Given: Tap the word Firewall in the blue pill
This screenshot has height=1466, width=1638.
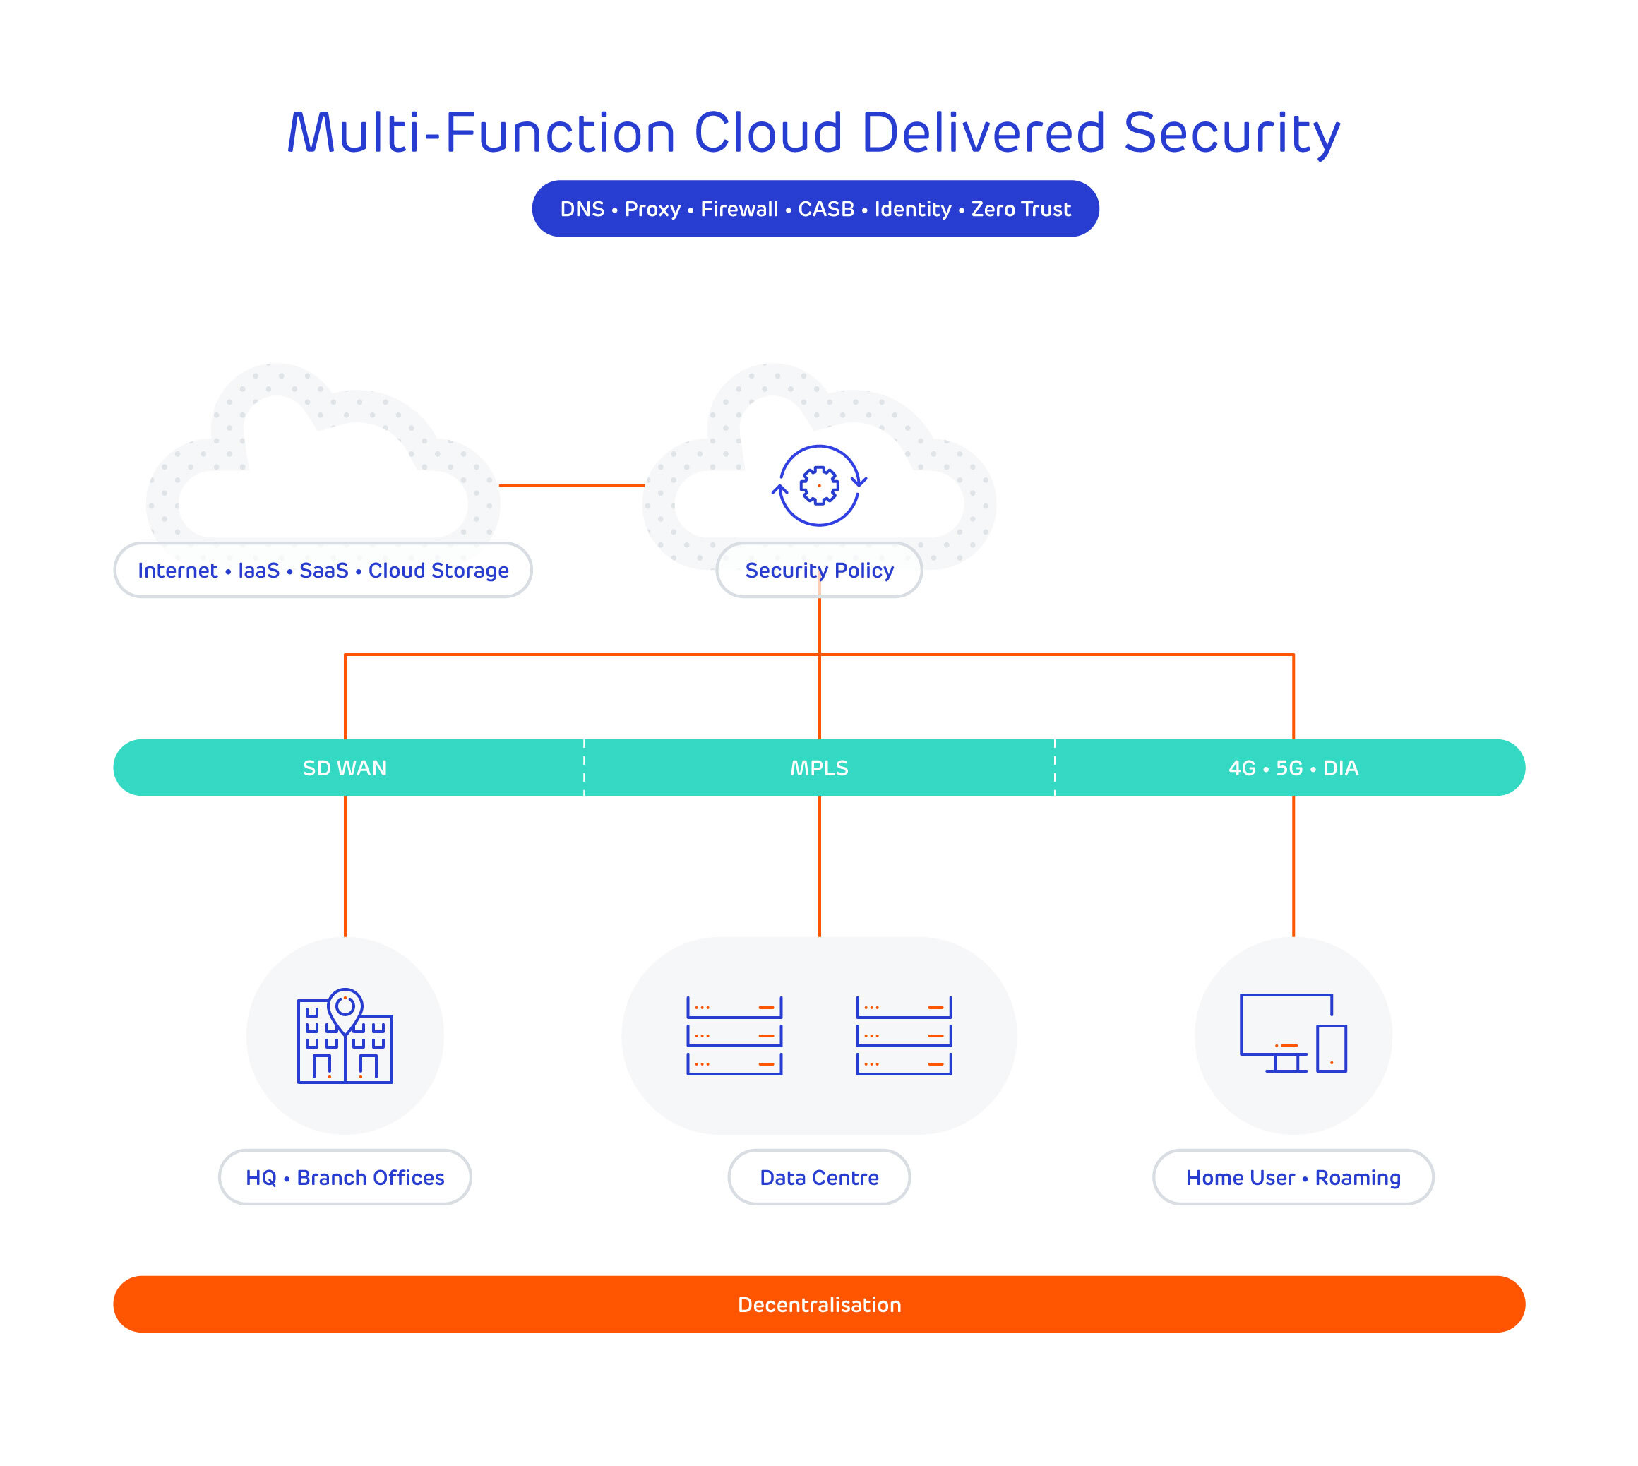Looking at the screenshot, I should (739, 210).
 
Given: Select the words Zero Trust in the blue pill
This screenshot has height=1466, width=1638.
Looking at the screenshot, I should (1020, 210).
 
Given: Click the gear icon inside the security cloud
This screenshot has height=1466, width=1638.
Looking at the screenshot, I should (819, 486).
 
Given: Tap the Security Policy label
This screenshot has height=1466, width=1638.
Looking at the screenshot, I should (819, 571).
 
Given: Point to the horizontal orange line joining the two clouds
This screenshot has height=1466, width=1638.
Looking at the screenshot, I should (571, 486).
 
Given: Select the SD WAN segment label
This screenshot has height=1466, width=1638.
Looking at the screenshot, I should (345, 768).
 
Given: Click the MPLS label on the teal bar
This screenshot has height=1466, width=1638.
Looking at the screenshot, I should (819, 768).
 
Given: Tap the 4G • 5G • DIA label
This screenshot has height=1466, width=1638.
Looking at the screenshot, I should (1293, 768).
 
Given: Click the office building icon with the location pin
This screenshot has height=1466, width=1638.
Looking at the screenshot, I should (345, 1037).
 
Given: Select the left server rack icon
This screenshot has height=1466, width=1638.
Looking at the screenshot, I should (734, 1036).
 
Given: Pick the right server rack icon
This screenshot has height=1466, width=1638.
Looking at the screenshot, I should (904, 1036).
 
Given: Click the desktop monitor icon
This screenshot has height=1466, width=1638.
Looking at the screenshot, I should (1284, 1027).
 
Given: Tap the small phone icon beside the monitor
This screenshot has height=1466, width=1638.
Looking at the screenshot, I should (1331, 1048).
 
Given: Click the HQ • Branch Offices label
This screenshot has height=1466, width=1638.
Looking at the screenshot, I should (345, 1178).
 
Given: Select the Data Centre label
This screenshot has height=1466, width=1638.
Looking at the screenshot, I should (819, 1178).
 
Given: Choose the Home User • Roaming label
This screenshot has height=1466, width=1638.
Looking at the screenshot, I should (1293, 1178).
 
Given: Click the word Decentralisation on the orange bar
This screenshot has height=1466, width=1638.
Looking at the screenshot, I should (819, 1305).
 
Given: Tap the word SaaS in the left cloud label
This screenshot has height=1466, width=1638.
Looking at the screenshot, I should (324, 571).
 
